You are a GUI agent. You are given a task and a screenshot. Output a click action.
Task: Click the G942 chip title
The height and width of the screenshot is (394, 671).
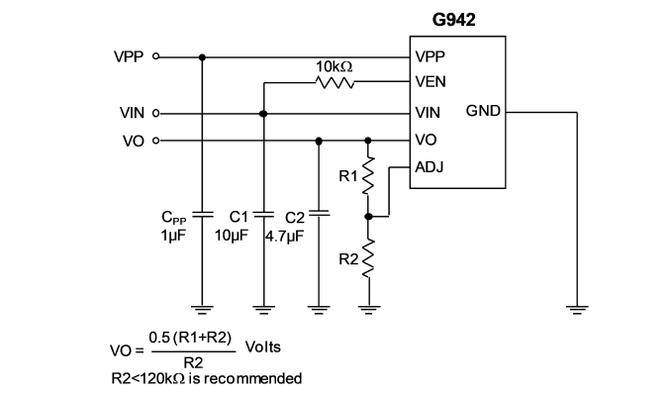453,20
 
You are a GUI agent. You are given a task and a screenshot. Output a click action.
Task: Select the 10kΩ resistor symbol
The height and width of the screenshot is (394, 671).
335,82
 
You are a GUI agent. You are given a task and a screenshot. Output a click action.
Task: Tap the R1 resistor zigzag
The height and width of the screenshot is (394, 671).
368,175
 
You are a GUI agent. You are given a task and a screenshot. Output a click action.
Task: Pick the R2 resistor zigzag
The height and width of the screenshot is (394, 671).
368,257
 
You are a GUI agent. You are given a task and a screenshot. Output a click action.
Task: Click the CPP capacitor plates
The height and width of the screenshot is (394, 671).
203,215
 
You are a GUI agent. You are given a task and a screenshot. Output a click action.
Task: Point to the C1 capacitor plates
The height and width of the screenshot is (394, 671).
263,215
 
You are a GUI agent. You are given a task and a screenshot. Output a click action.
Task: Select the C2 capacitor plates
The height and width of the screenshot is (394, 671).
319,213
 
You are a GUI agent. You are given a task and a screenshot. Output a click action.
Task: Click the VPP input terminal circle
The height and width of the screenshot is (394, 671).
155,56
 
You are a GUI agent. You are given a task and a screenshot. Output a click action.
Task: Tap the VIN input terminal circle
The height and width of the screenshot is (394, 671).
155,113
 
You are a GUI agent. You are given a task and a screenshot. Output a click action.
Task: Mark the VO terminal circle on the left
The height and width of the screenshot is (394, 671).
155,140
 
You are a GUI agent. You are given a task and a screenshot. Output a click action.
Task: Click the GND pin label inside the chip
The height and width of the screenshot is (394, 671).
483,111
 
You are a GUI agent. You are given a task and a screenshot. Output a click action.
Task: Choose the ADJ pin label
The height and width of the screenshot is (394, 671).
430,167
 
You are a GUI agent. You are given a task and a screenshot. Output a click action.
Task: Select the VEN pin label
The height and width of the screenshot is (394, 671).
431,81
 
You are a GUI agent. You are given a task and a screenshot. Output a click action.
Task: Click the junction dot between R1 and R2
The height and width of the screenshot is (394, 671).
368,217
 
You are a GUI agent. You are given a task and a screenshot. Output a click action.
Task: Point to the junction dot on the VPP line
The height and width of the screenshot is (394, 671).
203,57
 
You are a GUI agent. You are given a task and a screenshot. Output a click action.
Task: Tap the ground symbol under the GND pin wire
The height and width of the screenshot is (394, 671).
577,310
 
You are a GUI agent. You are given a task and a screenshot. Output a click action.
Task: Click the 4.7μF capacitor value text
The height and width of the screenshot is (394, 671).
285,236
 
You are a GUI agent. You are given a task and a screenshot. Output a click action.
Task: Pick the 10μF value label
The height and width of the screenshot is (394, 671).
231,236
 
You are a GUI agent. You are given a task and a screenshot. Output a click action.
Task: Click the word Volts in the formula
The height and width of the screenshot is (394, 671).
262,346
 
